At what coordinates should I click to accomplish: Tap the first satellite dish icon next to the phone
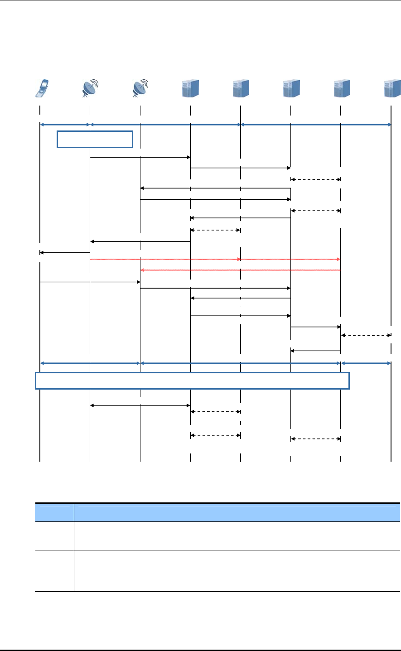click(91, 89)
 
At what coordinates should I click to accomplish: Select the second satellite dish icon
click(140, 89)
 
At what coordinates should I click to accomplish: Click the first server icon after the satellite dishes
click(190, 89)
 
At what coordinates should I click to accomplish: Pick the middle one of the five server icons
click(291, 89)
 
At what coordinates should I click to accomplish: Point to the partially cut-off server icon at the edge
click(392, 89)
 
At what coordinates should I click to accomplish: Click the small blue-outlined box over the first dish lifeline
click(95, 139)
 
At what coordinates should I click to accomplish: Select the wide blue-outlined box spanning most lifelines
click(192, 381)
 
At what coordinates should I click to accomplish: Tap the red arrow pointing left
click(240, 270)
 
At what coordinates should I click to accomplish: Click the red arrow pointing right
click(215, 259)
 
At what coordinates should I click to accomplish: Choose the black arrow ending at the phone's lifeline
click(65, 252)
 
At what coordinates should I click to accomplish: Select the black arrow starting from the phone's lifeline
click(90, 282)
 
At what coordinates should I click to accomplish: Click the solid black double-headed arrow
click(140, 405)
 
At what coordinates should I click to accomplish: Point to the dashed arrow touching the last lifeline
click(366, 335)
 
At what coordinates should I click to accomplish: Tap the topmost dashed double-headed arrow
click(315, 179)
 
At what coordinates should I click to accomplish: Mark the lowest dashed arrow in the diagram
click(315, 439)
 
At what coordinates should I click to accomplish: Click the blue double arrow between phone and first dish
click(65, 124)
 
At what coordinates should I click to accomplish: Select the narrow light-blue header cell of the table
click(54, 512)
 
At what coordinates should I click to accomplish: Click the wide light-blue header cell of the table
click(237, 512)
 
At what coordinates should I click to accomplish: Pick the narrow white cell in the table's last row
click(54, 571)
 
